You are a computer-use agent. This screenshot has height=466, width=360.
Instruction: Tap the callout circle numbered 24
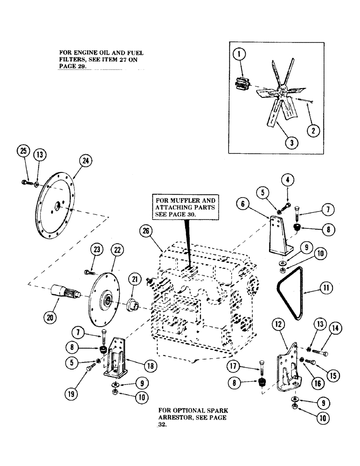point(86,161)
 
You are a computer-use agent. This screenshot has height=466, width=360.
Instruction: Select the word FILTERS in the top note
point(72,60)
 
